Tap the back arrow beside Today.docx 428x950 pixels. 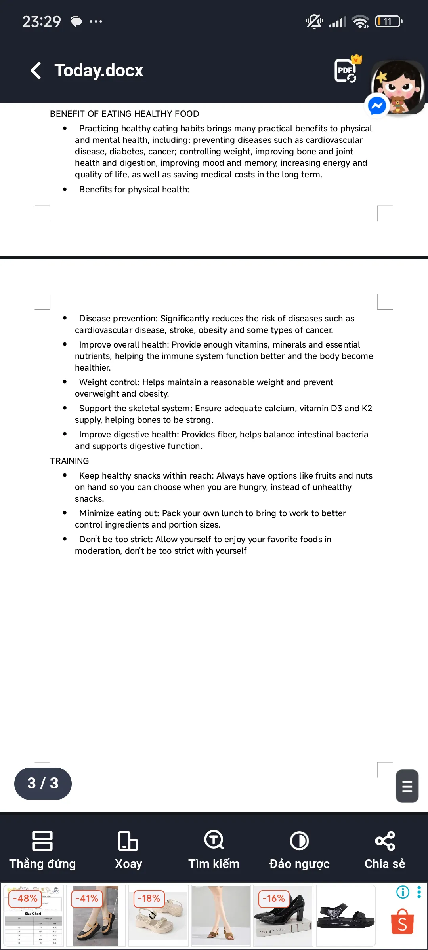click(x=36, y=70)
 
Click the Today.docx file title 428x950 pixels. click(x=99, y=70)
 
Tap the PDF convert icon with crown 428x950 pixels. click(x=346, y=70)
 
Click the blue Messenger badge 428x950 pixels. click(x=377, y=105)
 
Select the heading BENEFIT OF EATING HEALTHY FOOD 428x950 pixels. click(x=124, y=114)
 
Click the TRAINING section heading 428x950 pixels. click(x=69, y=461)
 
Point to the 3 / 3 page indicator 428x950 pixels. click(x=43, y=783)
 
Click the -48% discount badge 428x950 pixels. click(x=25, y=898)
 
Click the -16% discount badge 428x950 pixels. click(x=274, y=898)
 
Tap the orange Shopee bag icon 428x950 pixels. click(x=402, y=921)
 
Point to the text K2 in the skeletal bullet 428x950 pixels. click(x=367, y=408)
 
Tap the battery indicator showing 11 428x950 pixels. click(x=388, y=21)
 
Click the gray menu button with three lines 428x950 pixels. click(x=407, y=786)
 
